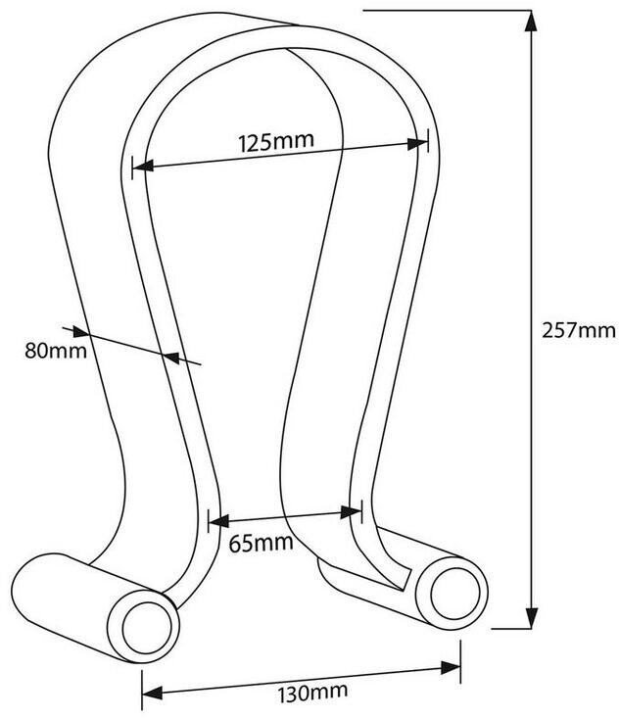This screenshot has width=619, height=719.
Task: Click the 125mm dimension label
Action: click(x=275, y=141)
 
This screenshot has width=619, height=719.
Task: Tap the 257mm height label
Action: click(x=577, y=330)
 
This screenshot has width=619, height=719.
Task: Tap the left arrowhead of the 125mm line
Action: click(x=141, y=168)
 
